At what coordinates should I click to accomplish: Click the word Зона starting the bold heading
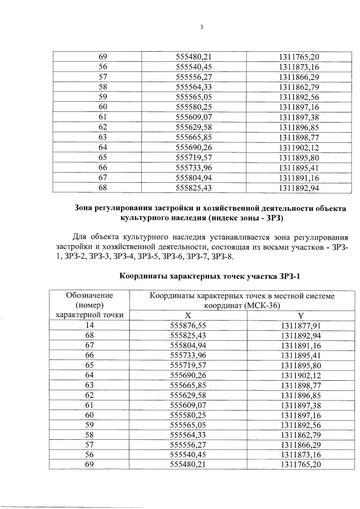(87, 208)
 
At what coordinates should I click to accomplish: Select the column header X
(188, 315)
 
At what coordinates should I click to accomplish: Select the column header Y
(300, 315)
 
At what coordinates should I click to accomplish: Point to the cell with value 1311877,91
(300, 325)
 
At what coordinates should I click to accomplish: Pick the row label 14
(89, 325)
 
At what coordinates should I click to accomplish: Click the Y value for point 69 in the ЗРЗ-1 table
(300, 465)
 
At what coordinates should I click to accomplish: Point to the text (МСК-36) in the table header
(260, 305)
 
